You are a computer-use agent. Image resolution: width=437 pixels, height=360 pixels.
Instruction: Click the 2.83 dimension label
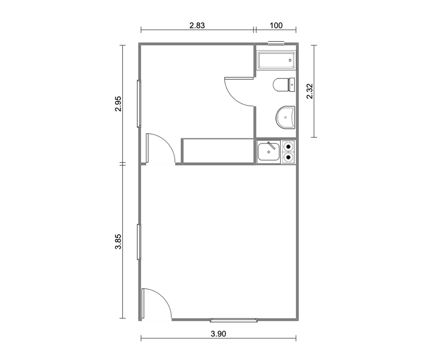197,26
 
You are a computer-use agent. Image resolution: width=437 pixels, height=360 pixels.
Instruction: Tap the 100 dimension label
276,26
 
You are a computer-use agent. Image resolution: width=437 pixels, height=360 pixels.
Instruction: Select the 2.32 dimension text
310,91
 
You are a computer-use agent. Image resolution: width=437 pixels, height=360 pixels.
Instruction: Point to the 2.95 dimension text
118,104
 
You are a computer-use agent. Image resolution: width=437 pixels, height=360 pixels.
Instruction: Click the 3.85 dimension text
118,241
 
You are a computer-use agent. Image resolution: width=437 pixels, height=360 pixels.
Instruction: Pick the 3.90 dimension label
218,334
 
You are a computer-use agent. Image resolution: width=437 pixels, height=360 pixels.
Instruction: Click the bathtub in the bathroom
276,60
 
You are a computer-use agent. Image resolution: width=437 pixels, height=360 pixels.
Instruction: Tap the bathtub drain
290,60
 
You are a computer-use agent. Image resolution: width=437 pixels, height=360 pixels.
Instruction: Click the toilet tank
292,85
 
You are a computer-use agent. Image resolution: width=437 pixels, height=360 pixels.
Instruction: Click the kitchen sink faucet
271,145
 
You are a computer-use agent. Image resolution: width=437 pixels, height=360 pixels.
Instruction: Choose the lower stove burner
288,157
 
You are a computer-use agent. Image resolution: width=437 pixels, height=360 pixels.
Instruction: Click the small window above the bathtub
276,43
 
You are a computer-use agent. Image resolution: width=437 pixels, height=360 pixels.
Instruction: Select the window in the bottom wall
234,320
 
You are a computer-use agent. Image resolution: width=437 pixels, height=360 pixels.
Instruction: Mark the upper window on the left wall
139,104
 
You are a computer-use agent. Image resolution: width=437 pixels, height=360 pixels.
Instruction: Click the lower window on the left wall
139,242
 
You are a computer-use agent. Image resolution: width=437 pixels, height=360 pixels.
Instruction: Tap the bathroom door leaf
239,78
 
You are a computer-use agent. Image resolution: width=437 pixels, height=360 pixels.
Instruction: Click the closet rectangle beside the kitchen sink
218,151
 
